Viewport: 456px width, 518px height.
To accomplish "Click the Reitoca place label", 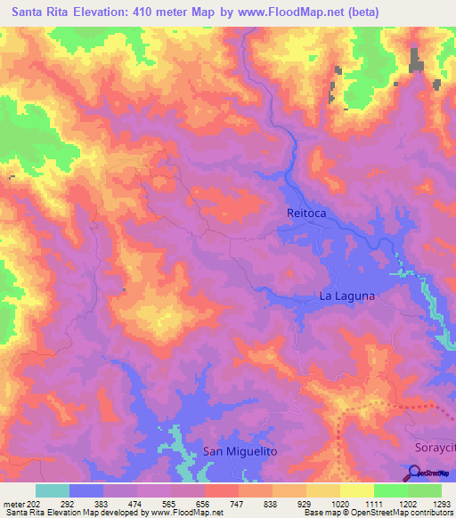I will (x=307, y=213).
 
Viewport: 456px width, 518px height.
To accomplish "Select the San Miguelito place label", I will (x=240, y=451).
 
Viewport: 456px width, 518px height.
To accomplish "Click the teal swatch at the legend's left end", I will (x=53, y=490).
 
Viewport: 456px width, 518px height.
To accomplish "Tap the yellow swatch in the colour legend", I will (x=356, y=490).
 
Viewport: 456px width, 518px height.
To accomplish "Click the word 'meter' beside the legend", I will (x=13, y=503).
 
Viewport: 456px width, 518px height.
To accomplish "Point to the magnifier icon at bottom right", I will (x=416, y=473).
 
